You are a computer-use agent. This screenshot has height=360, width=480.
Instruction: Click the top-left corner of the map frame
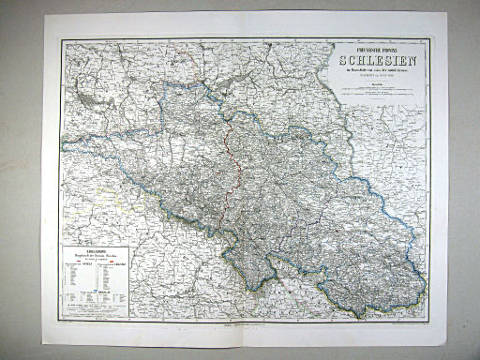[x=62, y=40]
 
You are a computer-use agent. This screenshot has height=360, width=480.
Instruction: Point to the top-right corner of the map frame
[x=429, y=39]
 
